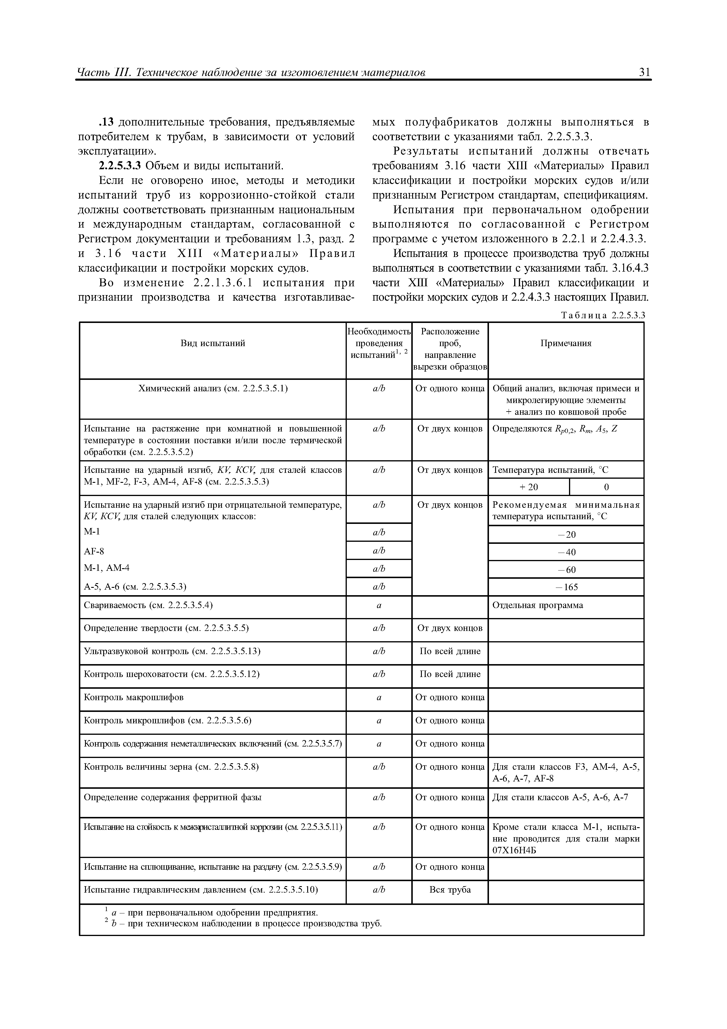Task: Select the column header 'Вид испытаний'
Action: tap(213, 343)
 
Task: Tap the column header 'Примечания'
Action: tap(566, 343)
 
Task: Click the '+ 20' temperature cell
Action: tap(529, 487)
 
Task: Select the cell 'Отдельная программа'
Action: tap(538, 605)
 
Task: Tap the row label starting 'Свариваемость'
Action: tap(148, 605)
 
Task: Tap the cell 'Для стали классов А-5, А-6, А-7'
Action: tap(560, 797)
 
